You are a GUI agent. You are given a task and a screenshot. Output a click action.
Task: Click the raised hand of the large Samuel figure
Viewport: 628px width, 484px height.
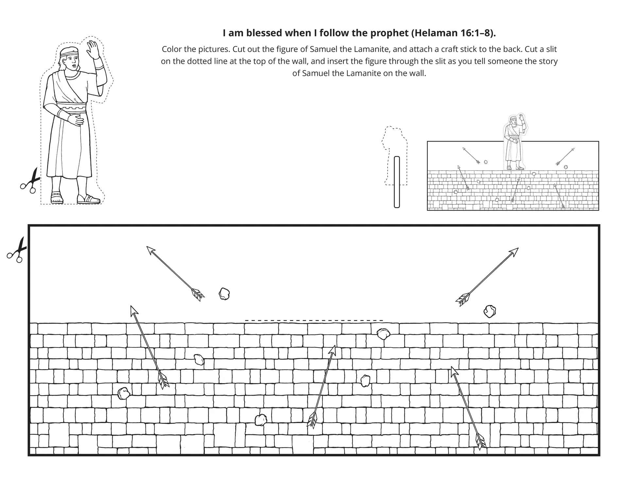pyautogui.click(x=94, y=50)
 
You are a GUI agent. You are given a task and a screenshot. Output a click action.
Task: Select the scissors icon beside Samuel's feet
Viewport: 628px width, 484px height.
pyautogui.click(x=30, y=181)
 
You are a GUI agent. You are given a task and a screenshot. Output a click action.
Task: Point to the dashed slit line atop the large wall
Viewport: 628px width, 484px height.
pyautogui.click(x=314, y=321)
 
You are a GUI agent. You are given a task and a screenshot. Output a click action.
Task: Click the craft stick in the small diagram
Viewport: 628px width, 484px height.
pyautogui.click(x=397, y=182)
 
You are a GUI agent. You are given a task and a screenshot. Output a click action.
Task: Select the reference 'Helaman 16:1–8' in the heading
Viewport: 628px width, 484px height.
pyautogui.click(x=453, y=33)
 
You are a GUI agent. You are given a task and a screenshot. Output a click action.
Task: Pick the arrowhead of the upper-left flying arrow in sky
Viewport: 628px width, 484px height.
pyautogui.click(x=151, y=251)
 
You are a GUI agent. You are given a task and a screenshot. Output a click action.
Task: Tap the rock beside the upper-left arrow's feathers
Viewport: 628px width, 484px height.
pyautogui.click(x=224, y=294)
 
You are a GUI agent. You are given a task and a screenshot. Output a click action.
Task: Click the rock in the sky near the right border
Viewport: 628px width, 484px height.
pyautogui.click(x=490, y=311)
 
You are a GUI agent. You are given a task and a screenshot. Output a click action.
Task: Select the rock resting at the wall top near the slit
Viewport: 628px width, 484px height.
pyautogui.click(x=383, y=334)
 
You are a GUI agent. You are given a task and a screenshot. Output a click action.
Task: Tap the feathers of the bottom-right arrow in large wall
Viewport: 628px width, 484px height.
pyautogui.click(x=480, y=442)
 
